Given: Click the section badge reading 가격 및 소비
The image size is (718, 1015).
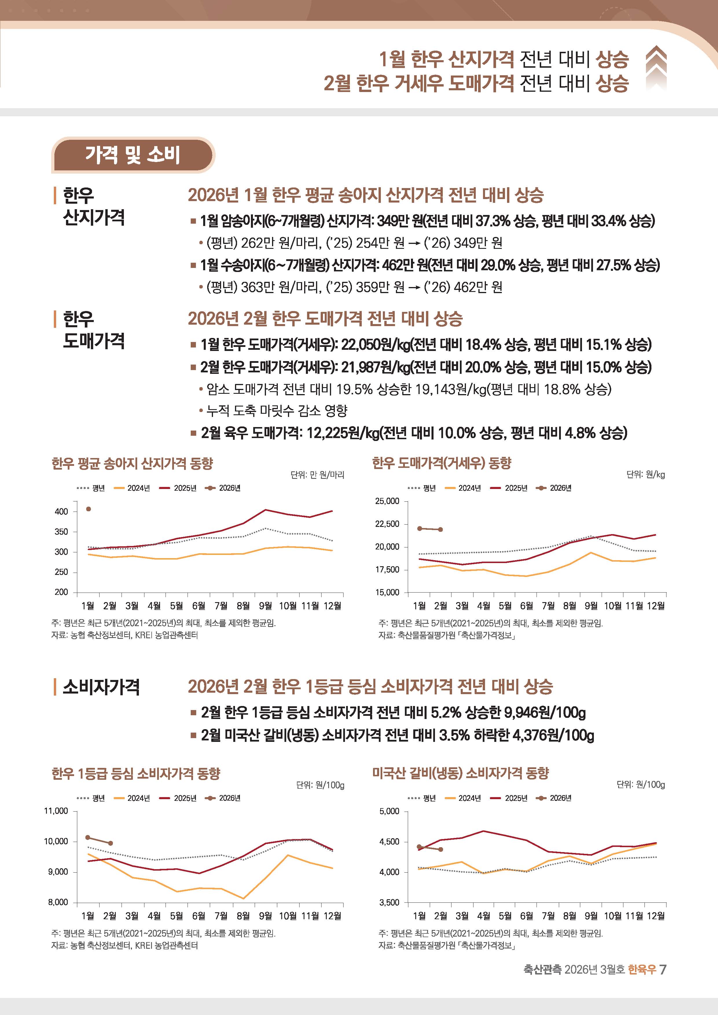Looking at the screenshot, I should [x=133, y=155].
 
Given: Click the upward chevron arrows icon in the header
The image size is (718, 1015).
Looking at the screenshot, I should [x=656, y=69].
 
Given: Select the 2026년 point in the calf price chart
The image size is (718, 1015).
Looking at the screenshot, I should [x=89, y=509].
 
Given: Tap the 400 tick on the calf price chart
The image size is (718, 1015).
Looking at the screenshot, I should [x=61, y=512].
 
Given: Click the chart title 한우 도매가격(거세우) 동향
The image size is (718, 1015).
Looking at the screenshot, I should [x=441, y=463].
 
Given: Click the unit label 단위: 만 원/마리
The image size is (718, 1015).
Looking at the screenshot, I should [x=317, y=475].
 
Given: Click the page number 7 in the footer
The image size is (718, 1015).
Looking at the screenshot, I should [x=662, y=970].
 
